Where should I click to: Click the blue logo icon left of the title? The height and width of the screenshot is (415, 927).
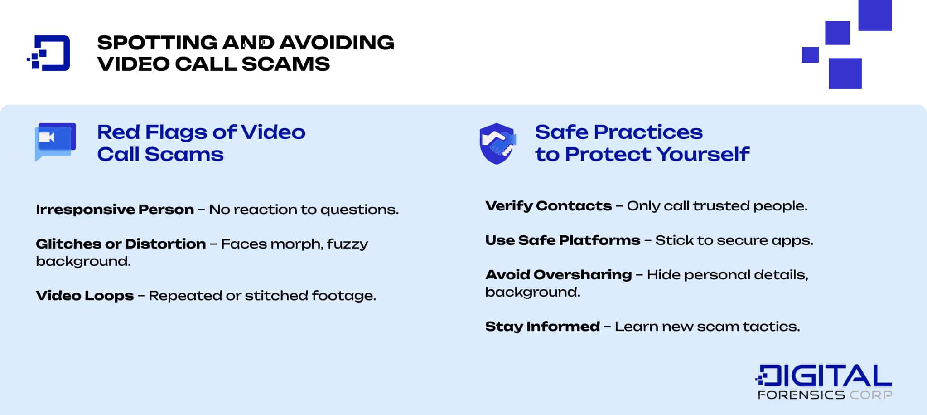pos(49,53)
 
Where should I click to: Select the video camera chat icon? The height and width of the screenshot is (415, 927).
pos(55,141)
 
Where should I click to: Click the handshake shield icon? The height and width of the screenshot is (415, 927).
pos(497,143)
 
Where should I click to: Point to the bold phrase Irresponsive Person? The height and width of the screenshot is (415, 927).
pos(115,210)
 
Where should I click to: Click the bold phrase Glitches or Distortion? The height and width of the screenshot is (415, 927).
pos(121,244)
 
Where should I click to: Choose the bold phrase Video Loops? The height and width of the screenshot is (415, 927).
pos(85,296)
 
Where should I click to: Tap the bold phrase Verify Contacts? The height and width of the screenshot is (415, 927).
pos(548,206)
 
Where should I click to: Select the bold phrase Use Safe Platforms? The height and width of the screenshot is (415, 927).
pos(562,240)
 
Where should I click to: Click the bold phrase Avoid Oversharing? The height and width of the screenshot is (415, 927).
pos(558,275)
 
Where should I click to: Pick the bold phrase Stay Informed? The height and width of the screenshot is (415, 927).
pos(542,327)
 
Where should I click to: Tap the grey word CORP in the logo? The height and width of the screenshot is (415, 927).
pos(870,395)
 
